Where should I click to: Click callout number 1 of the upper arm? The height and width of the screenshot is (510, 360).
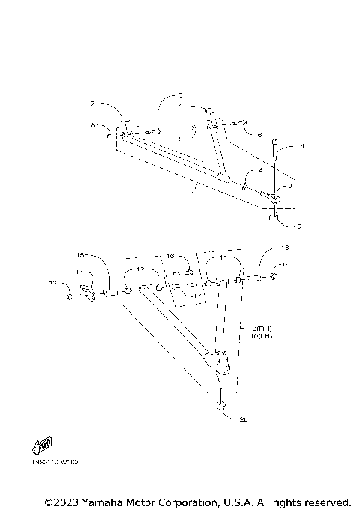[x=192, y=194]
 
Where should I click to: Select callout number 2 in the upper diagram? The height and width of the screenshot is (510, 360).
[x=259, y=171]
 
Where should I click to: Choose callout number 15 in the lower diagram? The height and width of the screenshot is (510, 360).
[x=81, y=255]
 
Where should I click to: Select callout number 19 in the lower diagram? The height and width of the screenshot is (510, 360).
[x=285, y=265]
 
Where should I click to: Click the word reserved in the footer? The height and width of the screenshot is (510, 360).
[x=324, y=502]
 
